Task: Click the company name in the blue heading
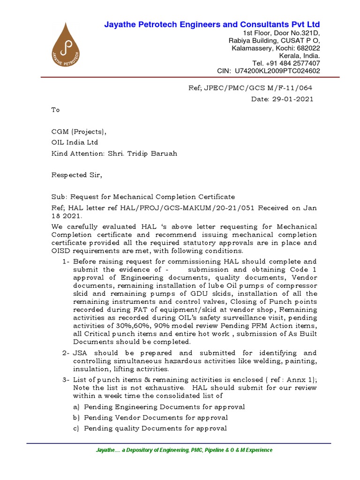[212, 24]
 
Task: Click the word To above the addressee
[55, 110]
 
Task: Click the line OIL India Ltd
[75, 142]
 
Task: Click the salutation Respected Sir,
[76, 175]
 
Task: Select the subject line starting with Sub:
[143, 197]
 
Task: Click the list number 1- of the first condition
[66, 262]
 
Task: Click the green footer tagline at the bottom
[184, 450]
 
